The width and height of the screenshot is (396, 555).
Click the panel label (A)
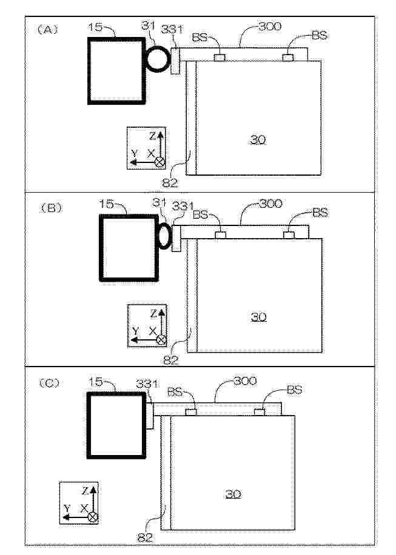[47, 30]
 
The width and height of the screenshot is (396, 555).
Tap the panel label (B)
[51, 208]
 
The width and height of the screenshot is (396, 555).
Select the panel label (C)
[49, 383]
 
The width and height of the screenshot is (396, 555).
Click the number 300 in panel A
[270, 26]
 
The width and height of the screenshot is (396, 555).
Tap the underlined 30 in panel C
[233, 494]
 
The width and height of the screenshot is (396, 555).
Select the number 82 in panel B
[171, 361]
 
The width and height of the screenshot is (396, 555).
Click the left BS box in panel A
[220, 58]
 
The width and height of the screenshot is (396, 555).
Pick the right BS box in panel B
[289, 235]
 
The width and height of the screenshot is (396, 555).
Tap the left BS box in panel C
[191, 412]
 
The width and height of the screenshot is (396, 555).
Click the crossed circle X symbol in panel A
[161, 162]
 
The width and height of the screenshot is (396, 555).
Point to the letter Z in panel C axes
[86, 491]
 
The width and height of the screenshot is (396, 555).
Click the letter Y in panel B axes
[135, 331]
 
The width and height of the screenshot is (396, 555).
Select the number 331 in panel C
[147, 384]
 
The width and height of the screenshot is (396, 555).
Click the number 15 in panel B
[106, 204]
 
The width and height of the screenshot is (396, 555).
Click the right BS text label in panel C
[294, 390]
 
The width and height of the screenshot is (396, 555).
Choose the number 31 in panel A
[149, 25]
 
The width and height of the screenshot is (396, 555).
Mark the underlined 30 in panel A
[258, 140]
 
